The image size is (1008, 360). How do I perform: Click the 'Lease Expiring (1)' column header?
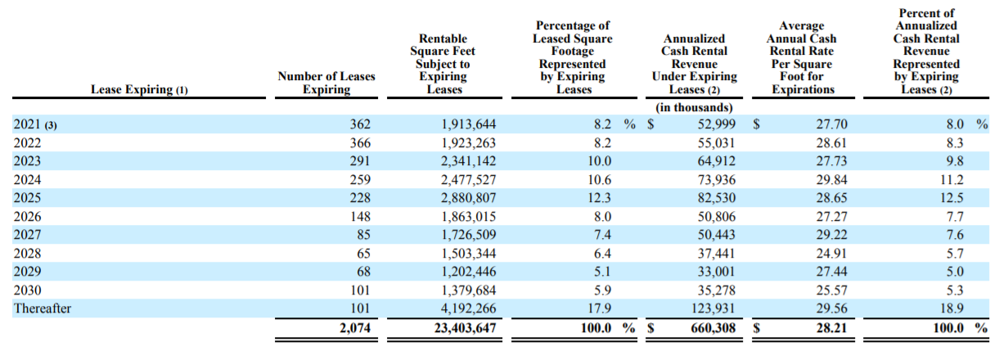pyautogui.click(x=139, y=89)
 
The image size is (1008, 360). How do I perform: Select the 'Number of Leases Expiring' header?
pyautogui.click(x=326, y=83)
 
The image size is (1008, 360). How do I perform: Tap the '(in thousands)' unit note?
pyautogui.click(x=694, y=107)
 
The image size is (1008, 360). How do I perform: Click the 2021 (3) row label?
pyautogui.click(x=35, y=124)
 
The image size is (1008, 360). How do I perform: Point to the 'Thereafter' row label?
pyautogui.click(x=43, y=308)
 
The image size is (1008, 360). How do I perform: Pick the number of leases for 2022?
pyautogui.click(x=360, y=142)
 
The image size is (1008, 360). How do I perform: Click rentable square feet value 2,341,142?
pyautogui.click(x=468, y=161)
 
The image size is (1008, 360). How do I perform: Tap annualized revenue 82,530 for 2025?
pyautogui.click(x=717, y=198)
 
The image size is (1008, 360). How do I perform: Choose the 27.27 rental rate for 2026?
pyautogui.click(x=831, y=217)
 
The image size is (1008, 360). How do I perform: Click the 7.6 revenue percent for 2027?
pyautogui.click(x=955, y=235)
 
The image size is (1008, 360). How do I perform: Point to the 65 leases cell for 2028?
pyautogui.click(x=363, y=254)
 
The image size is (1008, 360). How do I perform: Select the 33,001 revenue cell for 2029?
pyautogui.click(x=717, y=272)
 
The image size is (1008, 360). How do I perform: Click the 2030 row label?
pyautogui.click(x=27, y=290)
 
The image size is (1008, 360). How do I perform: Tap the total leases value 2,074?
pyautogui.click(x=355, y=327)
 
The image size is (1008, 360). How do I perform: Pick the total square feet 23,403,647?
pyautogui.click(x=465, y=327)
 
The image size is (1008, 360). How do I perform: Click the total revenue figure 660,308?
pyautogui.click(x=713, y=327)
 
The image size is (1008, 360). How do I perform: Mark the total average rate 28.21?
pyautogui.click(x=831, y=327)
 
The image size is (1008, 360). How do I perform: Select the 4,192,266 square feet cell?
pyautogui.click(x=468, y=308)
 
